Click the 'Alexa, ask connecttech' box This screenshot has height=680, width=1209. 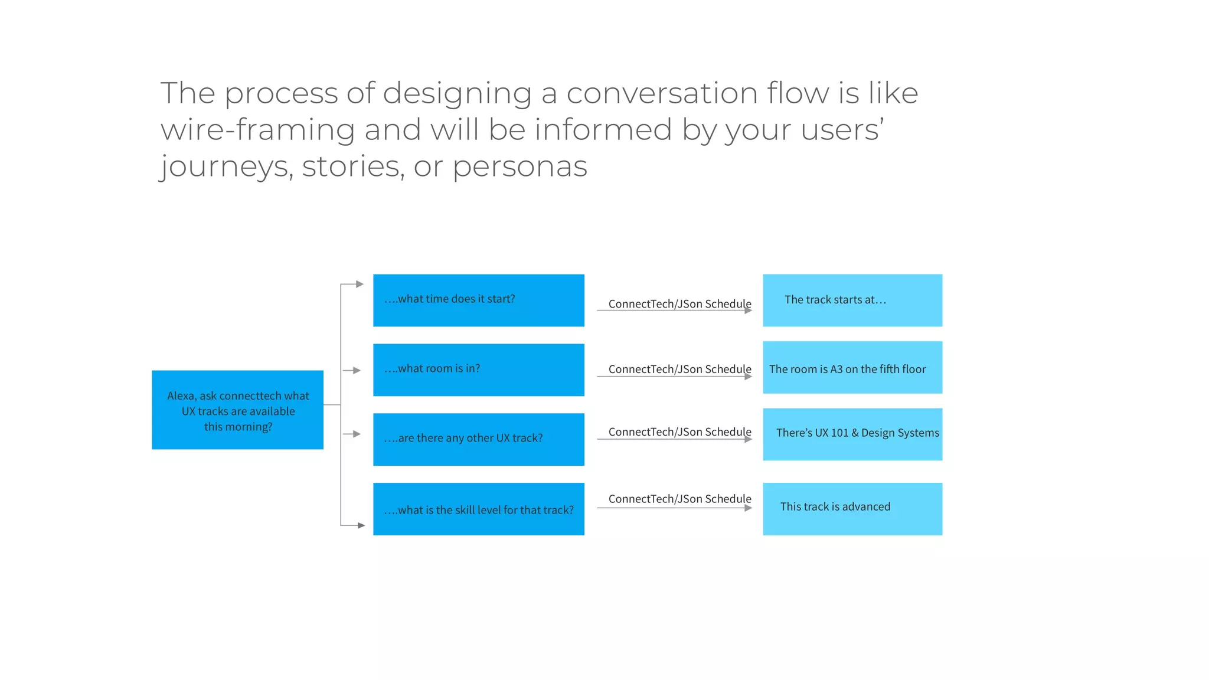point(237,410)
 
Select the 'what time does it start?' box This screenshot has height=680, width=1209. point(478,300)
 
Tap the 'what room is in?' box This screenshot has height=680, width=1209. point(478,370)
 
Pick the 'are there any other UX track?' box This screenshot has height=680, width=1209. point(478,439)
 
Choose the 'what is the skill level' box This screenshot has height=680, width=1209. point(478,509)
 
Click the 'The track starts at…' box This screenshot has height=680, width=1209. point(852,300)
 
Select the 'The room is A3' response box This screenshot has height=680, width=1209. point(852,367)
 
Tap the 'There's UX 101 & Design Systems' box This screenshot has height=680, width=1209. point(852,434)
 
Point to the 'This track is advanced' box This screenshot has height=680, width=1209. point(852,509)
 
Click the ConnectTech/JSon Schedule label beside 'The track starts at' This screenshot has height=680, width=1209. point(679,304)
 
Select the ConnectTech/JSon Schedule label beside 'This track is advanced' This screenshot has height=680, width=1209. point(679,499)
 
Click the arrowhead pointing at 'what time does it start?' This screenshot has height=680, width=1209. point(360,285)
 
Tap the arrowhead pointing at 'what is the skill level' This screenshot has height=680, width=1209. point(361,525)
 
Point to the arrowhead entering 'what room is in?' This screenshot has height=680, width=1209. point(357,371)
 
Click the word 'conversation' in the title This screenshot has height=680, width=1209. point(662,93)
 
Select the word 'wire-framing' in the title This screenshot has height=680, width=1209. point(257,130)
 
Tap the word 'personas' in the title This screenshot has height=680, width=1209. point(519,166)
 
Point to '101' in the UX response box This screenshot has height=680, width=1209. point(839,433)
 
